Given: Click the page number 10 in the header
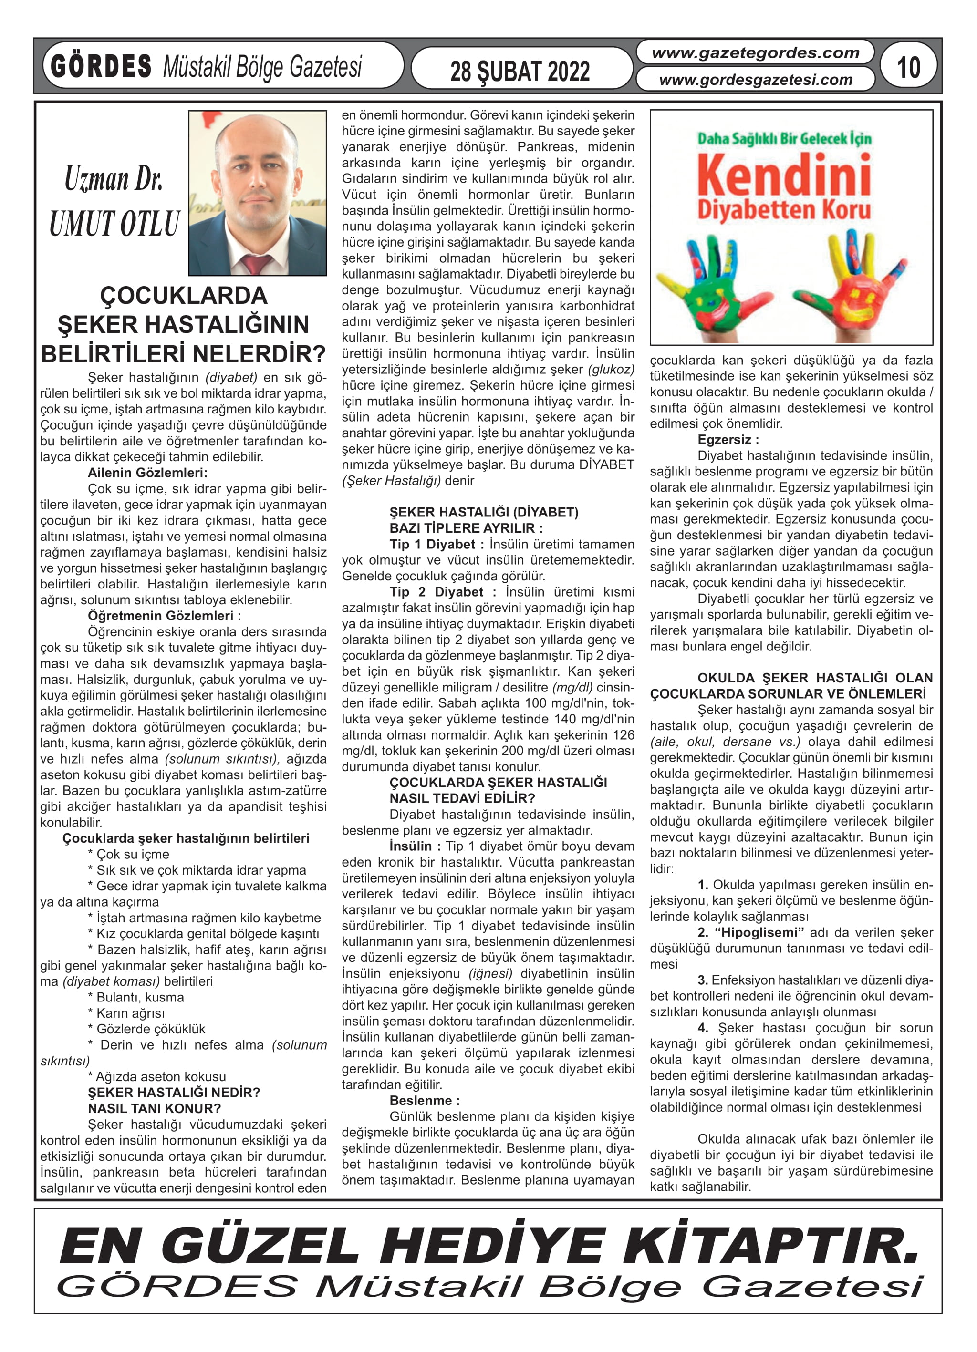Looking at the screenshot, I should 908,67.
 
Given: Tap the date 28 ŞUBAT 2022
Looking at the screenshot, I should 520,72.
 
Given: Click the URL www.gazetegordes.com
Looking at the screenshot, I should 755,53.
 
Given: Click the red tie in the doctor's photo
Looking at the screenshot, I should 257,263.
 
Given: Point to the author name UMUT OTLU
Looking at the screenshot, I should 114,224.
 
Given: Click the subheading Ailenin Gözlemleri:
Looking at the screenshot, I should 147,473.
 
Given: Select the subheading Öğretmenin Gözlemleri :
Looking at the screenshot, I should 164,616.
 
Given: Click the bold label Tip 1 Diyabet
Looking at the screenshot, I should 432,544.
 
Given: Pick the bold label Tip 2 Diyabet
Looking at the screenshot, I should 436,592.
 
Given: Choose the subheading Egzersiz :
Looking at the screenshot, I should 728,440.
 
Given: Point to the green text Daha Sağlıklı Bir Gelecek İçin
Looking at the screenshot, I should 784,139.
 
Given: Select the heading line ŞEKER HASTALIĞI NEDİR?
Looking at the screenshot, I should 174,1093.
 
